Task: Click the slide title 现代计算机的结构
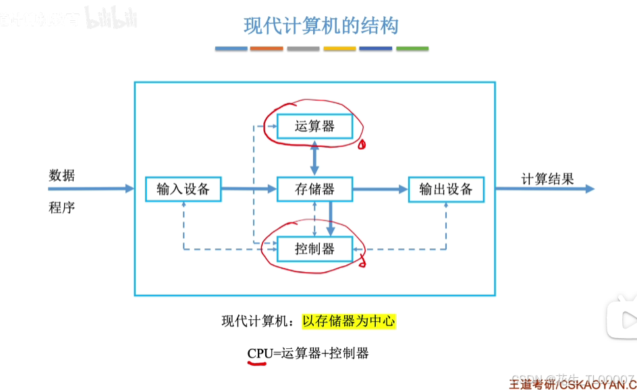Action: (x=321, y=26)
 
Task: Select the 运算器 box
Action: (x=314, y=126)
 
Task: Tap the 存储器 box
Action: (x=314, y=189)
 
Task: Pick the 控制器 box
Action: (x=314, y=249)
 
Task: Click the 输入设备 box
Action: (x=183, y=189)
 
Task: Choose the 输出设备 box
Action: (x=446, y=189)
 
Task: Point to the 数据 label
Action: (x=62, y=175)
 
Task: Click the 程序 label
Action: (x=62, y=207)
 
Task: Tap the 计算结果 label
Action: (x=547, y=179)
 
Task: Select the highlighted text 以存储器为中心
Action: (x=348, y=321)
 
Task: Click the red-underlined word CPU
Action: (x=259, y=353)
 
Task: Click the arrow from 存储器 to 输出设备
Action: (x=381, y=189)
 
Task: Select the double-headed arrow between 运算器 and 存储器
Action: (x=314, y=159)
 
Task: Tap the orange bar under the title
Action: (x=267, y=49)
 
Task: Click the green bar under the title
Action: (x=412, y=49)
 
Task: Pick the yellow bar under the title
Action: (x=339, y=49)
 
